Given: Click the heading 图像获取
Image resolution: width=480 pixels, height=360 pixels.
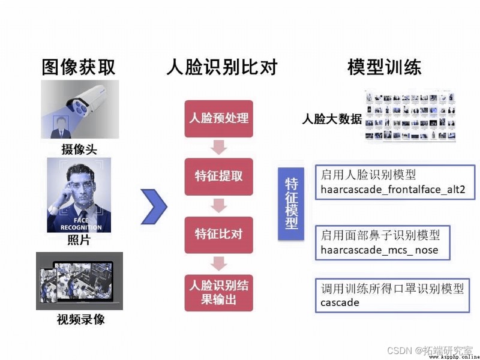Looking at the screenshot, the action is point(79,67).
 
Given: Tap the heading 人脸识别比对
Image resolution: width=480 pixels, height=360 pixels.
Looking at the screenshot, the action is point(222,67).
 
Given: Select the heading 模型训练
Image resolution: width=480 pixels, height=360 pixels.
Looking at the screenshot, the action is point(384,67).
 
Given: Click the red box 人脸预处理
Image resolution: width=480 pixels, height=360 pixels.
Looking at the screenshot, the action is point(218,118).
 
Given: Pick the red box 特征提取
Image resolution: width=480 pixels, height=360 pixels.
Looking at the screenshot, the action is point(218,176).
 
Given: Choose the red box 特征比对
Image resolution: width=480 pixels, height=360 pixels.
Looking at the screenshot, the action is point(218,235).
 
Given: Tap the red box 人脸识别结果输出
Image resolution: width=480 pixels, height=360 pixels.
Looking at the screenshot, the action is point(218,293).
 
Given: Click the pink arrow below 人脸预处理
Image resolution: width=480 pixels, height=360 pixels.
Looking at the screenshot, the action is point(218,147).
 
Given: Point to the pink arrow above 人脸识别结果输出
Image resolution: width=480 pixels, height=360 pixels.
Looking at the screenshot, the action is point(218,263).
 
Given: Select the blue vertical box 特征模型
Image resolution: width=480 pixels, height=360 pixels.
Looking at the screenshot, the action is point(291,203).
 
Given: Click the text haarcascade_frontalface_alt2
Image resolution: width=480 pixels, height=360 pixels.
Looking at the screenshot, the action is point(393,190).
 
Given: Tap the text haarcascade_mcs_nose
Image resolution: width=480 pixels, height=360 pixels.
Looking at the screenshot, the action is point(379,250).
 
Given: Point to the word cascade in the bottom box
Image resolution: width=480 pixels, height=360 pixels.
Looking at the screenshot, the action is point(340,302).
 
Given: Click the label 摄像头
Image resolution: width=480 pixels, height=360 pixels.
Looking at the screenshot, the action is point(79,149).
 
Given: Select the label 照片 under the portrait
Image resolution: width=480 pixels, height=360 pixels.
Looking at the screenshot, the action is point(79,240).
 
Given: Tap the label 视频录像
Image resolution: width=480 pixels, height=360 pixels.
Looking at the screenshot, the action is point(80,320).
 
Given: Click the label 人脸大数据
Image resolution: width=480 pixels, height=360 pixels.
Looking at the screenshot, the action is point(332,119).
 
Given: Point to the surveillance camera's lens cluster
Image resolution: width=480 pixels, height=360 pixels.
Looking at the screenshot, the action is point(78,107).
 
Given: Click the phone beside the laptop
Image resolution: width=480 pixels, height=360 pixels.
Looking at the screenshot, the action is point(49,286).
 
